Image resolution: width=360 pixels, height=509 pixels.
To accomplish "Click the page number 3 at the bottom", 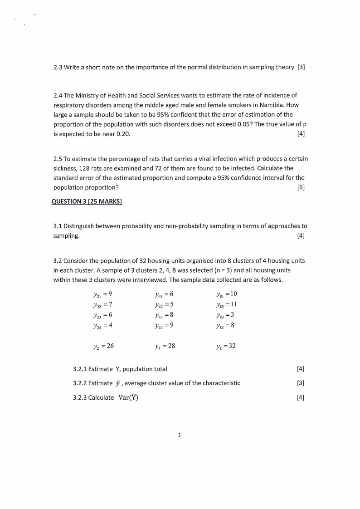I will pyautogui.click(x=180, y=435).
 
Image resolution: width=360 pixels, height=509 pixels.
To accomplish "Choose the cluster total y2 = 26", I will pyautogui.click(x=102, y=346).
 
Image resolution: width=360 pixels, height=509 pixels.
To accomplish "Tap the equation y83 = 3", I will pyautogui.click(x=225, y=315).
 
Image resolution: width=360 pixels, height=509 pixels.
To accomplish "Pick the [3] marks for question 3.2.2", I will pyautogui.click(x=301, y=383).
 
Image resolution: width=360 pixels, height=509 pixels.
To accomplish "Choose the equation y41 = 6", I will pyautogui.click(x=164, y=294).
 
